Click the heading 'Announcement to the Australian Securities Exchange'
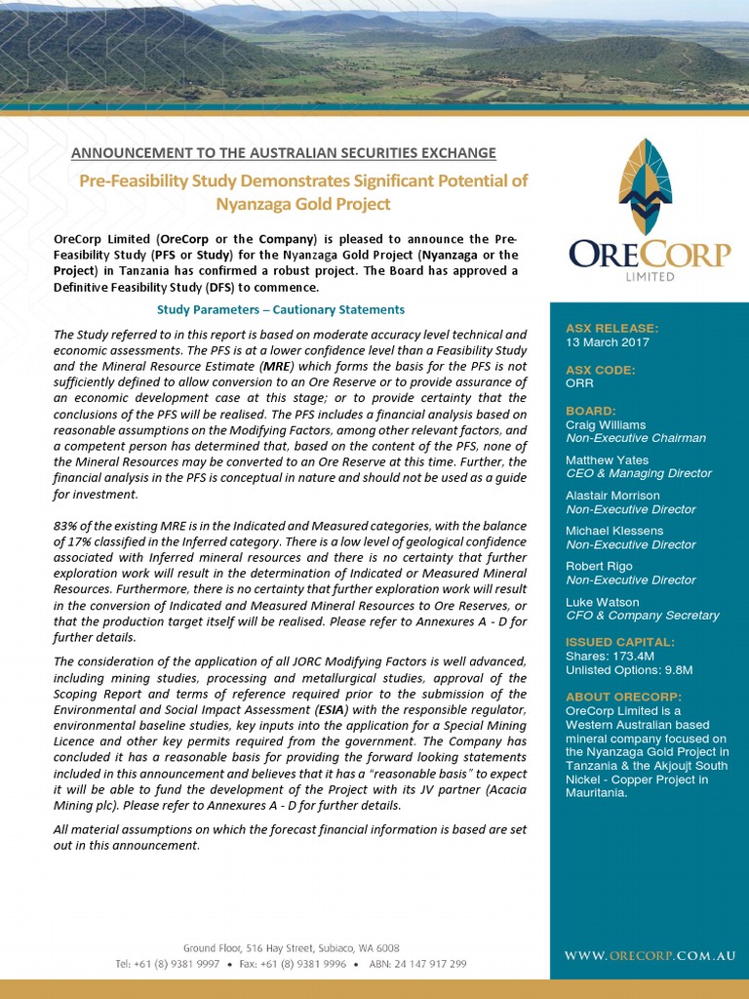284,153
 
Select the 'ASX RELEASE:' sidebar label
611,328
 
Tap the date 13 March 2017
608,342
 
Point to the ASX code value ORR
579,383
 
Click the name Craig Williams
606,424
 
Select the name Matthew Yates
607,460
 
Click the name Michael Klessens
614,531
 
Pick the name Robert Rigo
599,566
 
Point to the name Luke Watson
602,602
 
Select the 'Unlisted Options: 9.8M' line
629,670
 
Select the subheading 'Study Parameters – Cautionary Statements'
281,310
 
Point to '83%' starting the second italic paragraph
65,526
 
